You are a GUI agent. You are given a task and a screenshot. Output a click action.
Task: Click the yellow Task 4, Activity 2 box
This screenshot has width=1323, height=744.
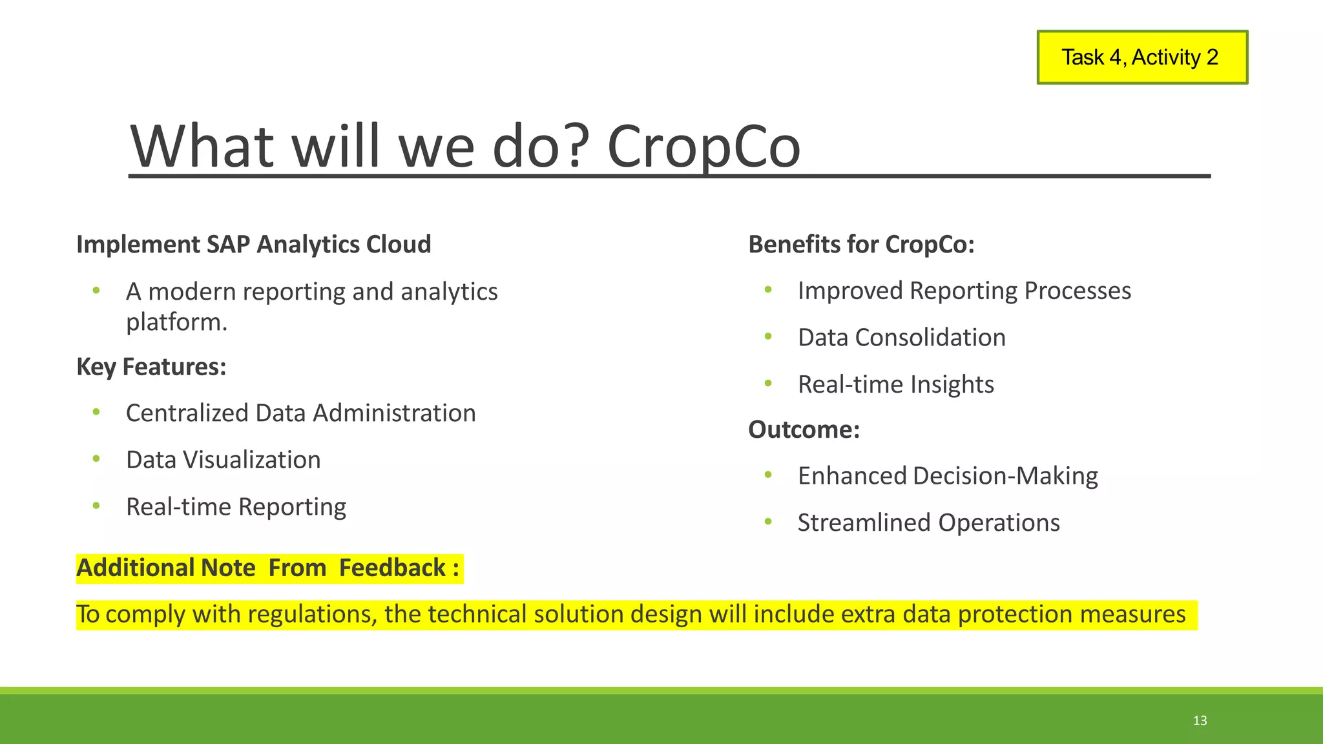tap(1141, 57)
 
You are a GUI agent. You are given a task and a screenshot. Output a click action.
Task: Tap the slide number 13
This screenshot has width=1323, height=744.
tap(1200, 721)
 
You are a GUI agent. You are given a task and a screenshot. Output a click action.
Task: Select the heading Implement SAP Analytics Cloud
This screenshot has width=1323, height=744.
tap(253, 244)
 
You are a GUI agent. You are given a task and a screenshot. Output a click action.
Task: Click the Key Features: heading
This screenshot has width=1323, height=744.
tap(151, 367)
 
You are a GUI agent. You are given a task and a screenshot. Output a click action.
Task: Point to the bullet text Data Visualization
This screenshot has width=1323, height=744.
tap(223, 460)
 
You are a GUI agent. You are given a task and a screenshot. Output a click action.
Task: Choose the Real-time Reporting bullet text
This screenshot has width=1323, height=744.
tap(236, 507)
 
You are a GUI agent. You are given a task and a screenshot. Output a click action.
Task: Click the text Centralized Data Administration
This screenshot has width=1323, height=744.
tap(300, 413)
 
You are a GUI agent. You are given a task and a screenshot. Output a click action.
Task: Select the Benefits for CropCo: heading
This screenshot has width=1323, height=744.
tap(860, 244)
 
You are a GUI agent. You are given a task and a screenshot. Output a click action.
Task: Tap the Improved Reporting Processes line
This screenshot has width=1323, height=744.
tap(964, 291)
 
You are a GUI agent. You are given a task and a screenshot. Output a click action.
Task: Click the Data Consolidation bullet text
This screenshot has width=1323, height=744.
tap(901, 338)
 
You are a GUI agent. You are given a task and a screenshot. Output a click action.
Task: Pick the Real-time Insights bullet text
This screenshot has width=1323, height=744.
tap(895, 384)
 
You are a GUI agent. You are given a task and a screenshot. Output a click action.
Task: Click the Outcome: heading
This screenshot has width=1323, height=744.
tap(804, 429)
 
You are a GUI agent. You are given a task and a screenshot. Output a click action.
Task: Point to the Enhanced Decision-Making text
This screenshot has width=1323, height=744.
tap(947, 476)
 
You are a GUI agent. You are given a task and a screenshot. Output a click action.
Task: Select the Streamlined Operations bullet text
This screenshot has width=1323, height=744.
tap(928, 522)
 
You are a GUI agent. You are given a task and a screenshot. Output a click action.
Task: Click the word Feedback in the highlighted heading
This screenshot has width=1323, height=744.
tap(392, 568)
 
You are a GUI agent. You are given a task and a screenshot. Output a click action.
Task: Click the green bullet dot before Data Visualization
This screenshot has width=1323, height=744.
tap(96, 459)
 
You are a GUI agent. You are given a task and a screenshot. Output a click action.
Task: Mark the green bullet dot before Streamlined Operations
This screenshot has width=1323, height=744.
tap(768, 521)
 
